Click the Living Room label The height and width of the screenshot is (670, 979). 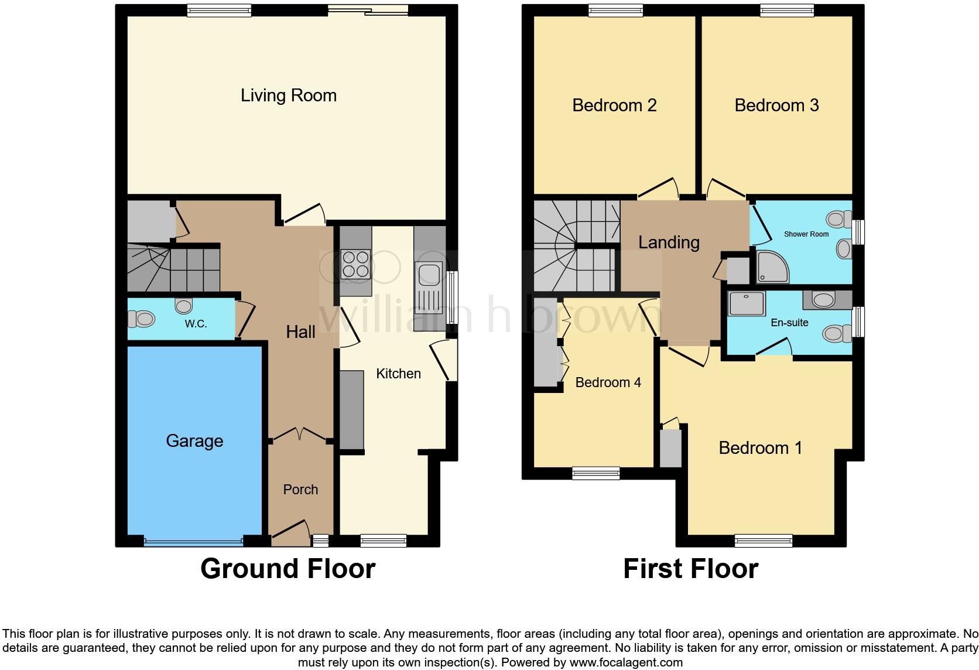point(289,95)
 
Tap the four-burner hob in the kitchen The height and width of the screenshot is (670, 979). point(355,264)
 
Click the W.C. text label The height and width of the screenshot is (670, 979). point(196,324)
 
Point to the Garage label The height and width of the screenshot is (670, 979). point(194,441)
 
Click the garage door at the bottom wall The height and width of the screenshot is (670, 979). point(193,542)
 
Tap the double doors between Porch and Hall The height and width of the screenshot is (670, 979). point(300,435)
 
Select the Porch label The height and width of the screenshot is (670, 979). point(300,490)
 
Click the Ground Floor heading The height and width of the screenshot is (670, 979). point(287,569)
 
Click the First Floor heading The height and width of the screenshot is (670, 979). point(690,569)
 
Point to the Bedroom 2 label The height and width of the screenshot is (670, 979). point(614,105)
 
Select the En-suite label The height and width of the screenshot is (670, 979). point(789,323)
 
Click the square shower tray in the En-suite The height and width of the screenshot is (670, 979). point(746,303)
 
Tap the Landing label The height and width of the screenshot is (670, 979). point(669,242)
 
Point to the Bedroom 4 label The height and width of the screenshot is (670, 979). point(608,382)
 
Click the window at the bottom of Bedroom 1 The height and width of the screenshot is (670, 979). point(763,541)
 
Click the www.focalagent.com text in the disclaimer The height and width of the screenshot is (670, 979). point(625,663)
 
